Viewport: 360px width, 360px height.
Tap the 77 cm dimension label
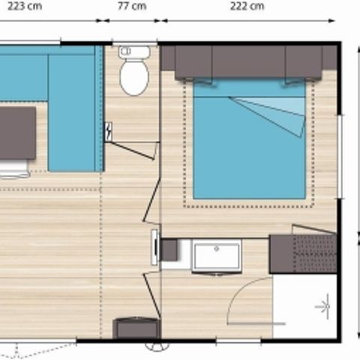[x=132, y=6]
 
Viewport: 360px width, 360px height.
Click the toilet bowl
[x=134, y=79]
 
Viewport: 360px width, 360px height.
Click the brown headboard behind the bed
[x=248, y=62]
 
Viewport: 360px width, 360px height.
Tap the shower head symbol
[x=324, y=307]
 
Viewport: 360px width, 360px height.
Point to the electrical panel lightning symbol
[x=110, y=131]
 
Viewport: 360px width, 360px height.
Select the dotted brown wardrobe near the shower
[x=303, y=253]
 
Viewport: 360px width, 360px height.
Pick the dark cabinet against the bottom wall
[x=136, y=328]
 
